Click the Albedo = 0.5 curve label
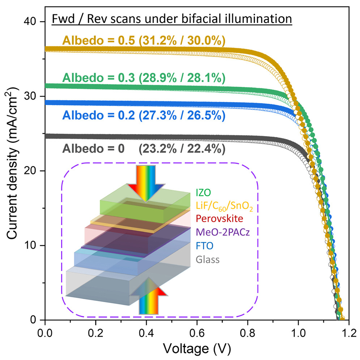pyautogui.click(x=144, y=41)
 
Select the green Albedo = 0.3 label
pyautogui.click(x=144, y=78)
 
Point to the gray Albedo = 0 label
pyautogui.click(x=144, y=148)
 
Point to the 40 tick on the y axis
pyautogui.click(x=33, y=22)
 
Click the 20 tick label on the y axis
pyautogui.click(x=33, y=171)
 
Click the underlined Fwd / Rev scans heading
pyautogui.click(x=172, y=18)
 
